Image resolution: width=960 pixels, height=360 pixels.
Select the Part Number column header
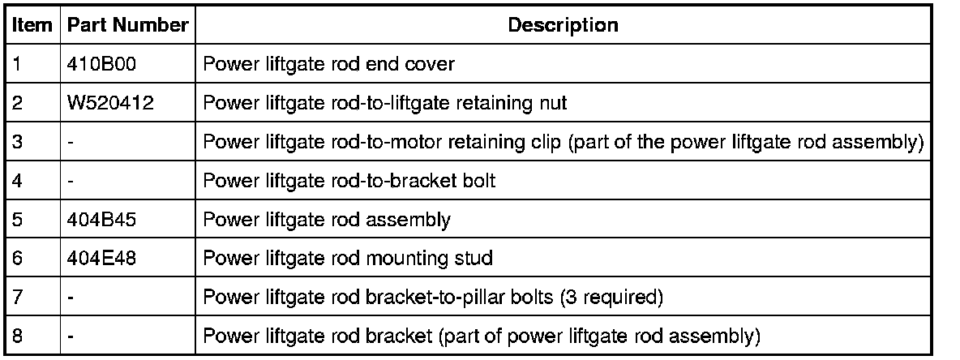point(127,24)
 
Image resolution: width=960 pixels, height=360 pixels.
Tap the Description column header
point(563,24)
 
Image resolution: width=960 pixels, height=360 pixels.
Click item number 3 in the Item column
point(19,142)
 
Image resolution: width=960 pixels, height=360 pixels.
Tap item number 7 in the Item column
point(19,298)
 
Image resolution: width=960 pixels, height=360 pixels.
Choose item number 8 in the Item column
point(19,336)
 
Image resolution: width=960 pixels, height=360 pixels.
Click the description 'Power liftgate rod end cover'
point(328,64)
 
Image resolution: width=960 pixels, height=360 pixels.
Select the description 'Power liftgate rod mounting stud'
point(349,259)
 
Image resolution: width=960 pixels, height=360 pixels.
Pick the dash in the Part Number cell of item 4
point(72,181)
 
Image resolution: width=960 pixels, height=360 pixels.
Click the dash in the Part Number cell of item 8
point(72,336)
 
